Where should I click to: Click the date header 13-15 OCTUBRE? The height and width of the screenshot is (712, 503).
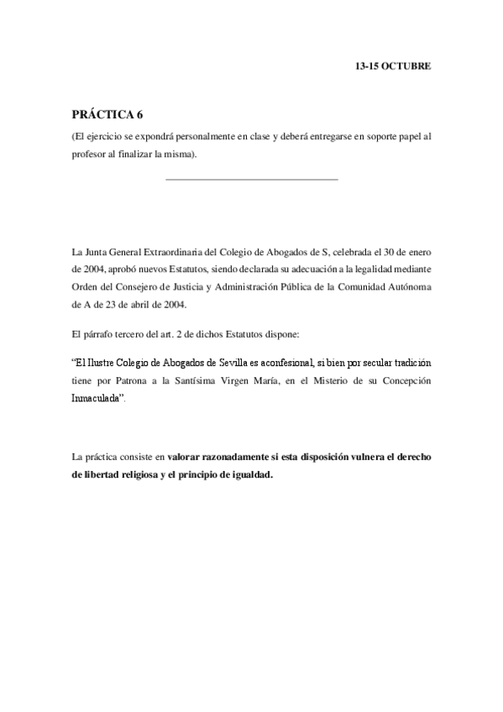393,65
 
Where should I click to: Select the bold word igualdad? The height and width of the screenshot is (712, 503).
248,474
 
